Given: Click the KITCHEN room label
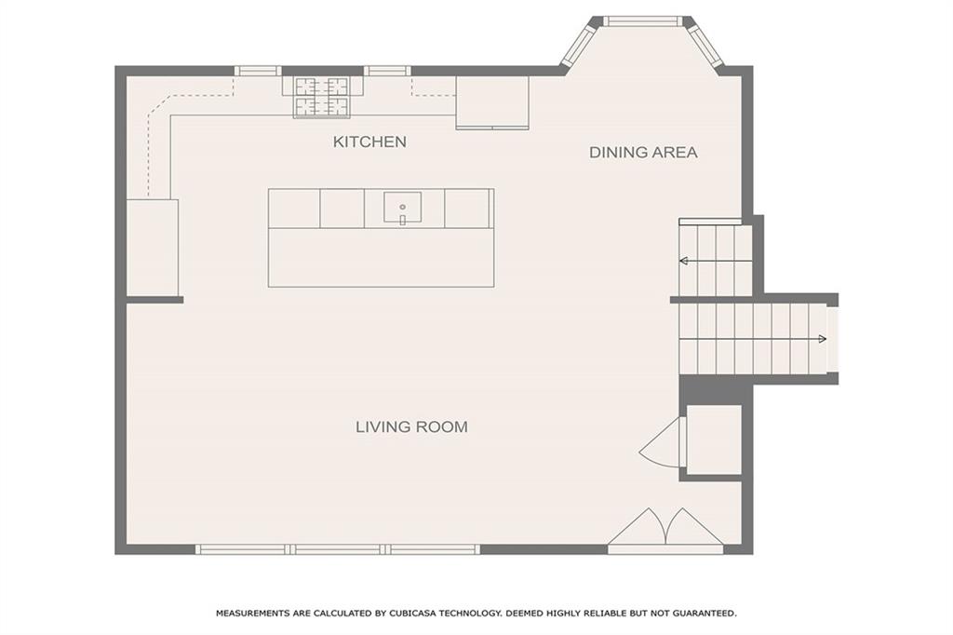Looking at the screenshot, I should coord(369,142).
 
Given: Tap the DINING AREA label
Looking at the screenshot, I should coord(642,152).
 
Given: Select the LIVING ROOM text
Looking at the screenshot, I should coord(411,426).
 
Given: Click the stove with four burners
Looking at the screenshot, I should coord(322,96).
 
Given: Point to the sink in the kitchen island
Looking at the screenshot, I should coord(402,209).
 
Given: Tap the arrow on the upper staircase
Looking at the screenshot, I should coord(685,261).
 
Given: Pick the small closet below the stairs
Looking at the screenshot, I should coord(713,439).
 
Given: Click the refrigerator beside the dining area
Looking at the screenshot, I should coord(491,102).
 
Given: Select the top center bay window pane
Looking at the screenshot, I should coord(642,20).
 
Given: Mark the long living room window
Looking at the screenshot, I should coord(337,549).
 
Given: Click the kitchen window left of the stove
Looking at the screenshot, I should coord(257,71).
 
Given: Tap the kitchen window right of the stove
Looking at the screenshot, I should coord(386,71).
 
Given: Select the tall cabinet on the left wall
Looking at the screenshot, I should coord(152,248).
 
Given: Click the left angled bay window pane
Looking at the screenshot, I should coord(578,44).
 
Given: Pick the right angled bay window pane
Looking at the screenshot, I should coord(705,44).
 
